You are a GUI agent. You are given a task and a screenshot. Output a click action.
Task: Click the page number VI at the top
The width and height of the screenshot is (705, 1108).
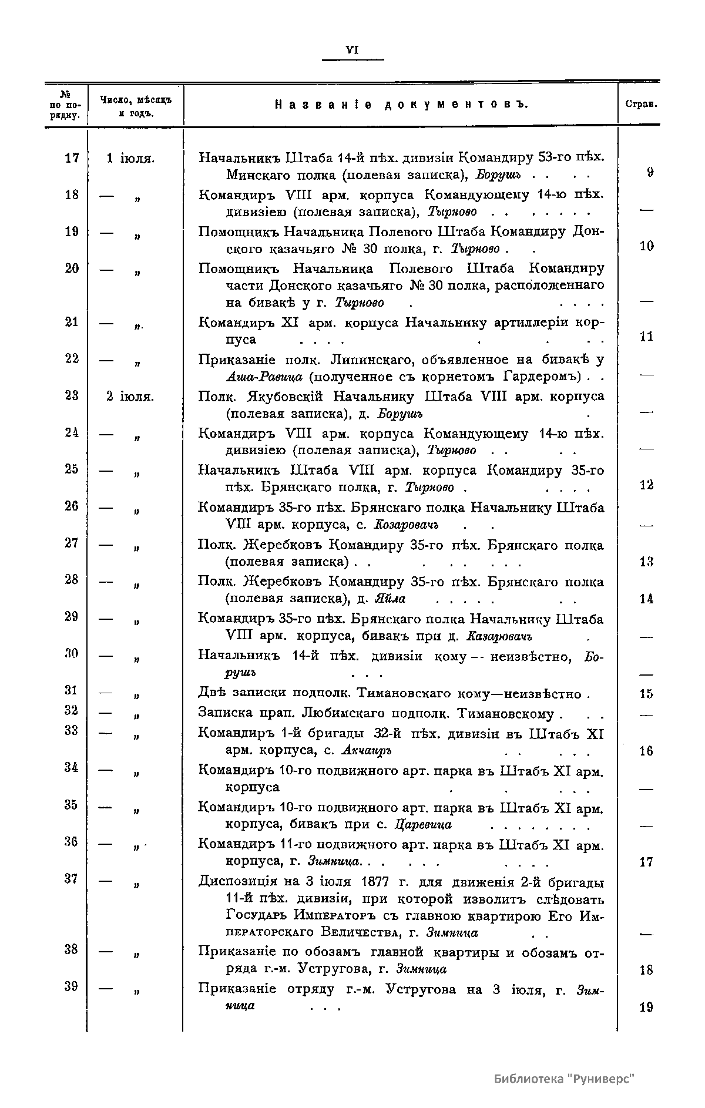tap(352, 51)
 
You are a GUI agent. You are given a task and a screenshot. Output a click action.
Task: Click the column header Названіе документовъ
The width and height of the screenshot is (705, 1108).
tap(402, 105)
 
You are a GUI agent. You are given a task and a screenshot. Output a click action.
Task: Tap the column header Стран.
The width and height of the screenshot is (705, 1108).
tap(640, 105)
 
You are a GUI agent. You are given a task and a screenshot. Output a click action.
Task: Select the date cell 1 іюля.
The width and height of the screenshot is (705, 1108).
tap(130, 158)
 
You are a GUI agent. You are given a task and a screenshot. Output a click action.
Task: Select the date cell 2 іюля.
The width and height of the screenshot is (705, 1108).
tap(130, 397)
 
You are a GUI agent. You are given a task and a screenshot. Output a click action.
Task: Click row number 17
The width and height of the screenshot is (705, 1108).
tap(72, 158)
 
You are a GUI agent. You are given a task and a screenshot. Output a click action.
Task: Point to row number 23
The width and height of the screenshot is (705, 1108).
tap(72, 397)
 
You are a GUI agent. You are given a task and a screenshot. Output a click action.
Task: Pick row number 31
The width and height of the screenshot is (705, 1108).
tap(72, 691)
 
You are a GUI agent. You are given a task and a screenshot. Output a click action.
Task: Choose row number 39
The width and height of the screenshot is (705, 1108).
tap(72, 986)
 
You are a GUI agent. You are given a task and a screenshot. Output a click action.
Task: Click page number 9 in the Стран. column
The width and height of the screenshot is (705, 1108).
tap(646, 173)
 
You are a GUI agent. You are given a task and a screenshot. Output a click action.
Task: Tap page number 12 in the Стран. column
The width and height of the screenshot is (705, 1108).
tap(646, 485)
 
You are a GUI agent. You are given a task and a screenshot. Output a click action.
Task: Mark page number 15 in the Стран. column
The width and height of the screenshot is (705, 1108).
tap(646, 694)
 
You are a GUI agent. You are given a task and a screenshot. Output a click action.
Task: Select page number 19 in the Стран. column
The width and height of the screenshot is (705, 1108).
tap(646, 1008)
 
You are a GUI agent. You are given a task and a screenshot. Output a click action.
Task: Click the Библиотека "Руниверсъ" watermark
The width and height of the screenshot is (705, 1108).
tap(565, 1079)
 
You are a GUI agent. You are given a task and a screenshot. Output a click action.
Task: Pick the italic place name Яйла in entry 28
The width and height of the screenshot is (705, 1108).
tap(390, 599)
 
